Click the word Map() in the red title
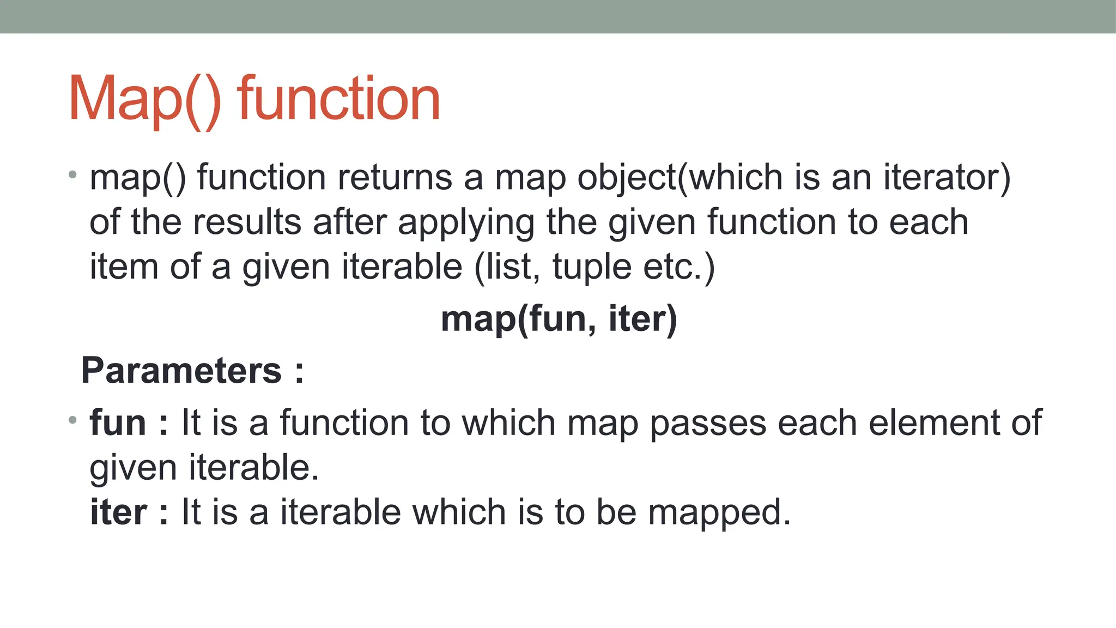145,99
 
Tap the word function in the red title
338,99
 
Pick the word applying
466,224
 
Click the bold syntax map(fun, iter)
559,319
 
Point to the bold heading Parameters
181,371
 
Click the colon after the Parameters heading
299,372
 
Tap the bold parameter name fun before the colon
118,422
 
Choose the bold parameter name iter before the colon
118,512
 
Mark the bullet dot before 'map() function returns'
72,174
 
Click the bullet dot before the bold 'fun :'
72,420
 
